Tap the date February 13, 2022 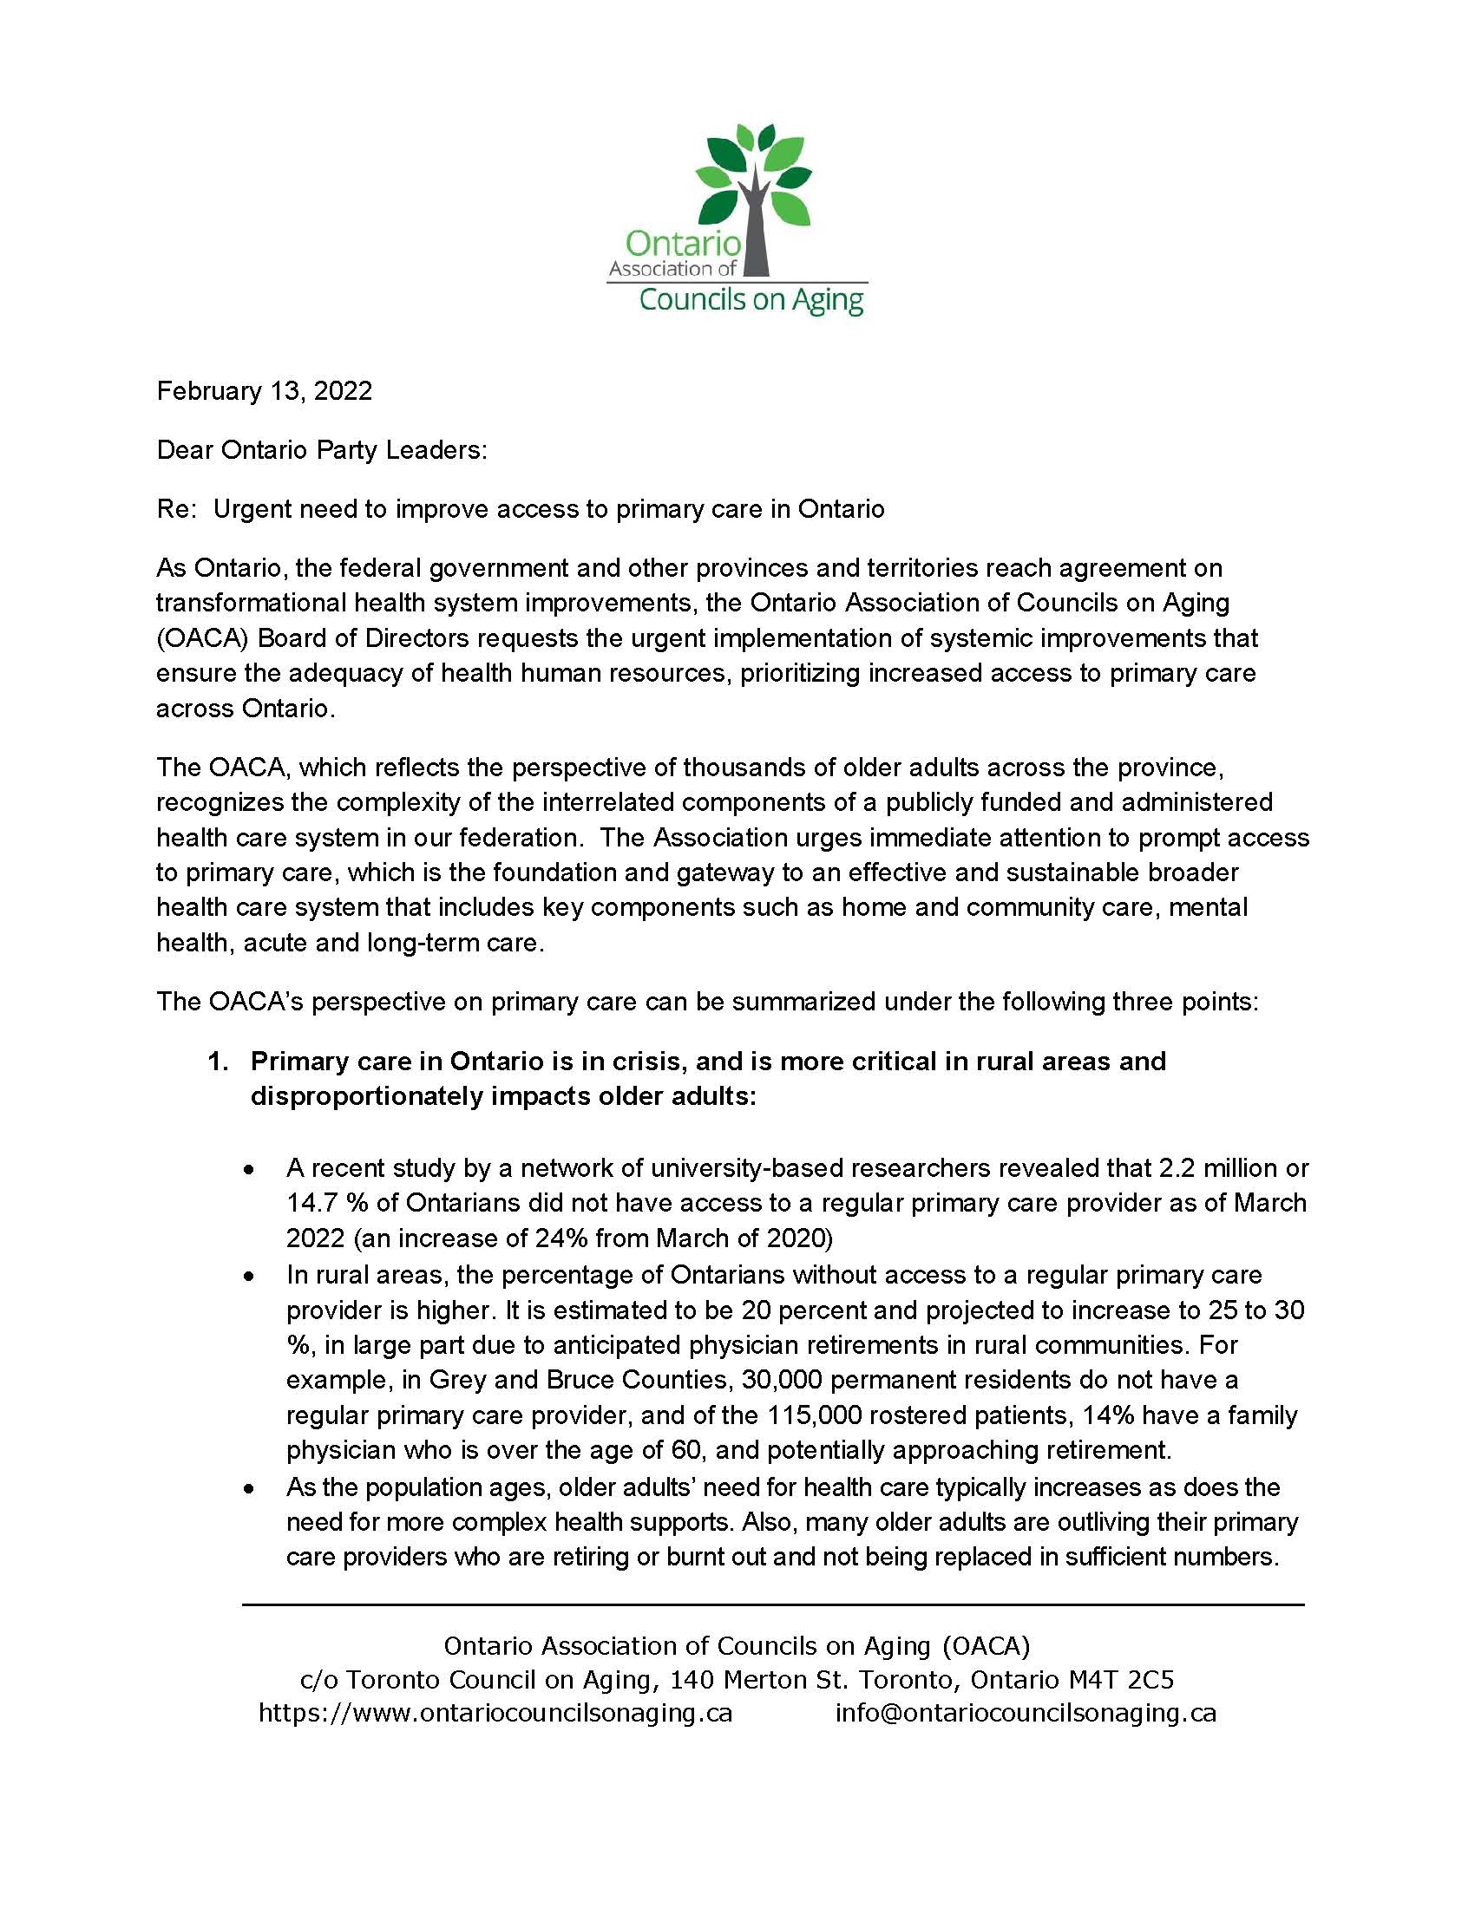click(x=264, y=390)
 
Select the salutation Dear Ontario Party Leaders click(x=322, y=450)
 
